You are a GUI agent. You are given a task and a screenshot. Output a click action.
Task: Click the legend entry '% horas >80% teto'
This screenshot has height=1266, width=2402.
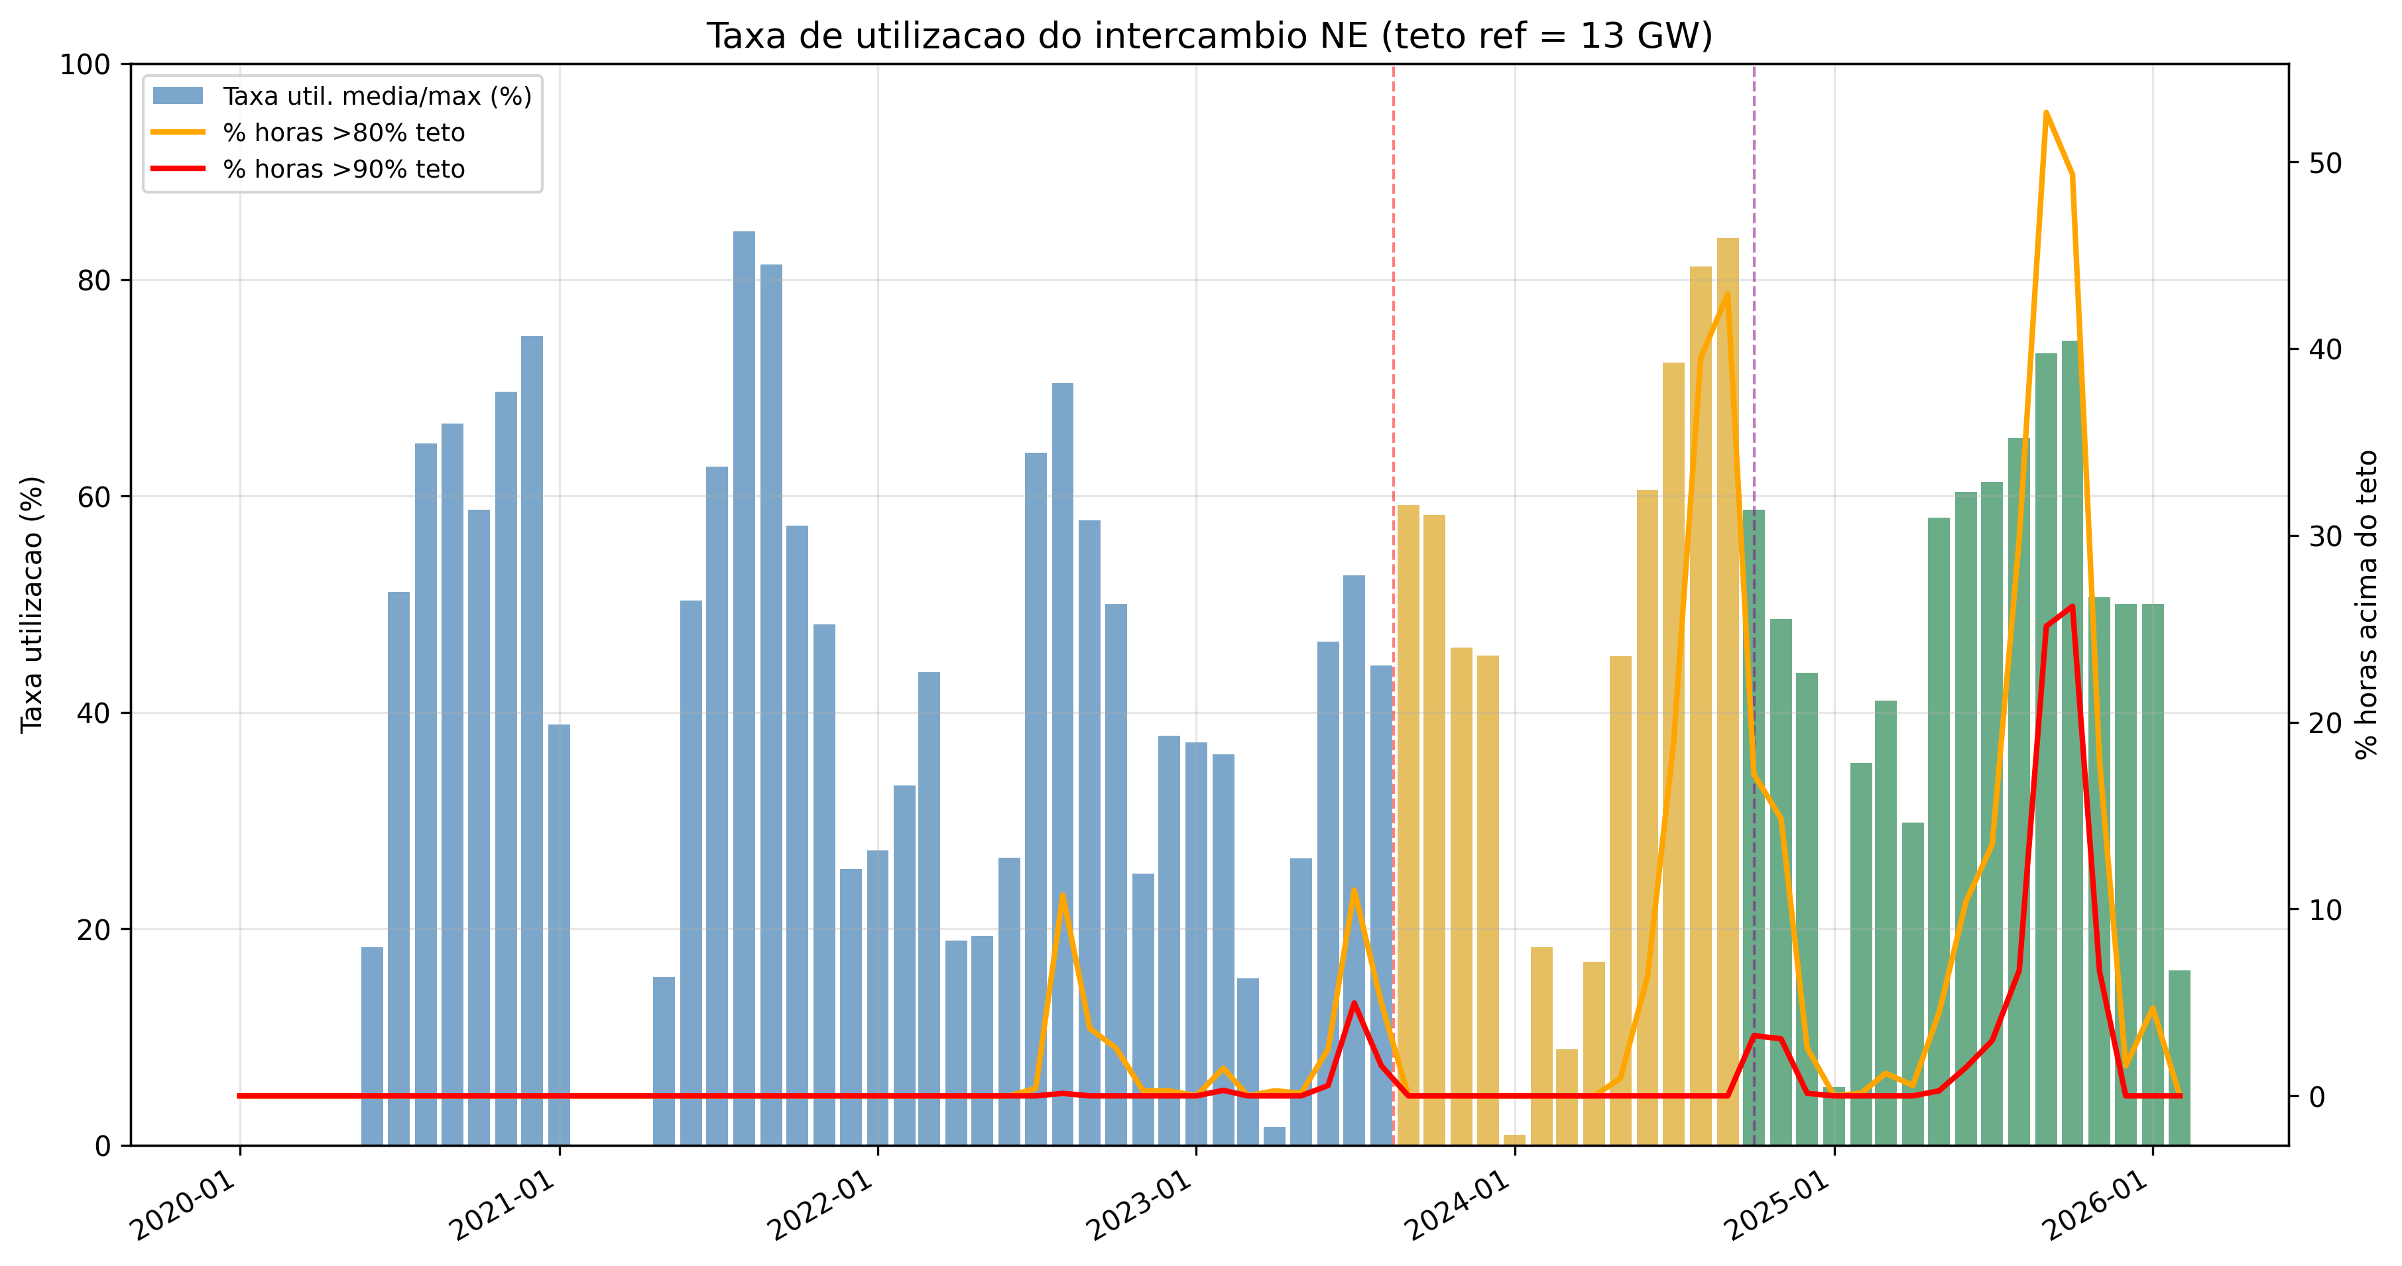[x=343, y=133]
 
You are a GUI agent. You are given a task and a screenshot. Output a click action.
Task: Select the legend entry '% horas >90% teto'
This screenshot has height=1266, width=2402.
[x=343, y=170]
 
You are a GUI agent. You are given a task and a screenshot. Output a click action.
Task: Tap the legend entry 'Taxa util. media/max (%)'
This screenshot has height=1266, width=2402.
[x=377, y=97]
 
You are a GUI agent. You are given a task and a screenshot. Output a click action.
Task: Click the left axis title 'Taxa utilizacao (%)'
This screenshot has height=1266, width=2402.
[x=32, y=604]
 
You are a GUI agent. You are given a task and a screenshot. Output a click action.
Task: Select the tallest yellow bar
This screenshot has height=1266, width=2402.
[x=1728, y=690]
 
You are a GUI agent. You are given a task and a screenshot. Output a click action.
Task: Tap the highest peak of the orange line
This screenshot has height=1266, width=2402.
[x=2046, y=113]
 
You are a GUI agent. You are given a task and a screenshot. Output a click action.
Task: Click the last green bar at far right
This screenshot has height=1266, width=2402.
[x=2179, y=1057]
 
